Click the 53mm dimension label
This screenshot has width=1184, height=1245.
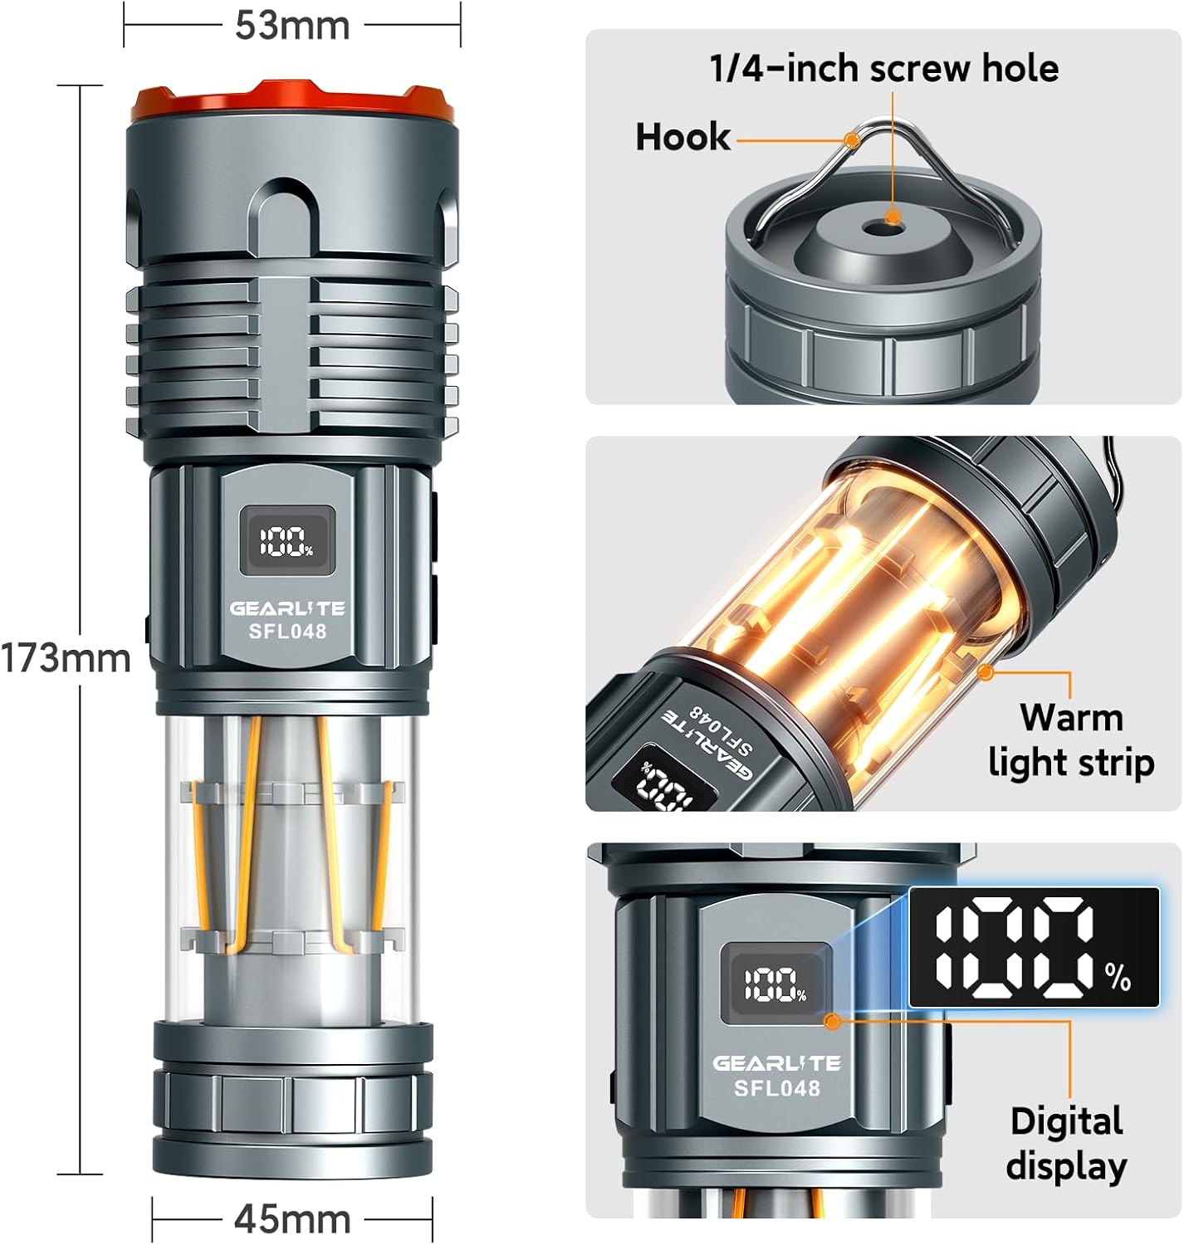tap(292, 26)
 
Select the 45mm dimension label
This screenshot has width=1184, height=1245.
tap(292, 1218)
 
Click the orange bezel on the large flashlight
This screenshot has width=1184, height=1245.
tap(292, 102)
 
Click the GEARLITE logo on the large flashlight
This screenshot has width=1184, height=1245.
tap(287, 608)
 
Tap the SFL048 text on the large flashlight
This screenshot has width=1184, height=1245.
tap(287, 631)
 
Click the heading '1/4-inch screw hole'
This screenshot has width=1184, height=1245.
tap(883, 68)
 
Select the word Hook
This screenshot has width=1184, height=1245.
tap(683, 137)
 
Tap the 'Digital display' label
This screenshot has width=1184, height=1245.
tap(1067, 1143)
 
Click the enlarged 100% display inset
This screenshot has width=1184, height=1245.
tap(1034, 947)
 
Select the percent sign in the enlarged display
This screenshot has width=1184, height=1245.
tap(1118, 978)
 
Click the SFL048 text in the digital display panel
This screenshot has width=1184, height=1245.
tap(777, 1087)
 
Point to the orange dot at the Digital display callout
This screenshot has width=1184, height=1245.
tap(834, 1020)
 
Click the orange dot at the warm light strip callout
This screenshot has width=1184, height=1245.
tap(986, 671)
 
